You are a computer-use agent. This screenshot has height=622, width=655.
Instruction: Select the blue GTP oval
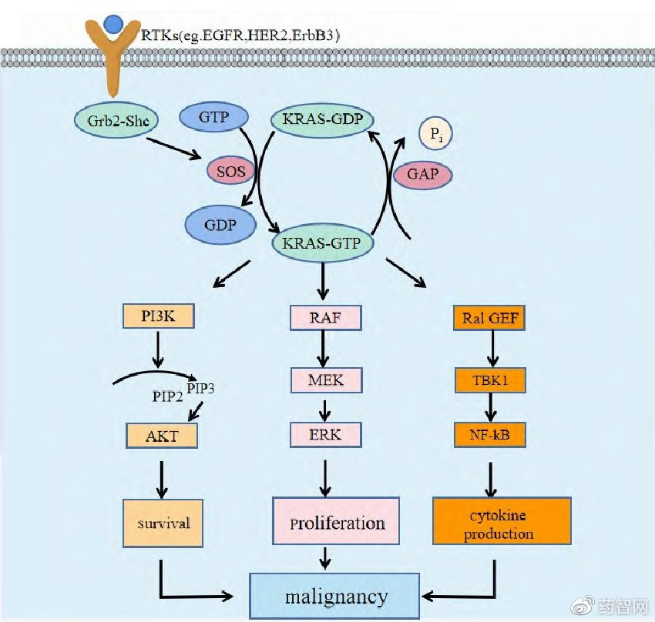click(x=214, y=118)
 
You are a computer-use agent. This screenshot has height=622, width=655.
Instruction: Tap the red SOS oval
click(x=230, y=170)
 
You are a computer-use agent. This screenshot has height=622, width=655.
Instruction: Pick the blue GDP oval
click(x=220, y=225)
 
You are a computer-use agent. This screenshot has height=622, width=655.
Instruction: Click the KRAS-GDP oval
click(x=323, y=119)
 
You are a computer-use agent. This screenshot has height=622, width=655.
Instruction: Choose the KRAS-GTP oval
click(x=323, y=244)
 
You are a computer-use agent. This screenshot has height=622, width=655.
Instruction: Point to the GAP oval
click(x=422, y=175)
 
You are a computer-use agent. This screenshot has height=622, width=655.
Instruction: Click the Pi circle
click(x=435, y=136)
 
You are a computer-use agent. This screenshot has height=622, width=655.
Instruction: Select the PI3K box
click(x=157, y=316)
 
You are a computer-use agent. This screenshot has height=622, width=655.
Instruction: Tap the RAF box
click(x=324, y=317)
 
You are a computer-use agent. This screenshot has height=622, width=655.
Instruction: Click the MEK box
click(x=324, y=380)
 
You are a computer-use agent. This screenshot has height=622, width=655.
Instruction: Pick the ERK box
click(x=324, y=434)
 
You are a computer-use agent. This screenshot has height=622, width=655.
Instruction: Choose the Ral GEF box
click(x=489, y=318)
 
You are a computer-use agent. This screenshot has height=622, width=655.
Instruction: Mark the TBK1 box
click(x=489, y=380)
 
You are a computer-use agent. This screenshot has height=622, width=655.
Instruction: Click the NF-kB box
click(x=489, y=436)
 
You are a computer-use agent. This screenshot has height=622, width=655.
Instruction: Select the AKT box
click(x=162, y=436)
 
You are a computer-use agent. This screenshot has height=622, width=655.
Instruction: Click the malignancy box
click(x=336, y=597)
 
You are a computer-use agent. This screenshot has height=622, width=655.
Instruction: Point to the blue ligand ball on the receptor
click(x=114, y=23)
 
